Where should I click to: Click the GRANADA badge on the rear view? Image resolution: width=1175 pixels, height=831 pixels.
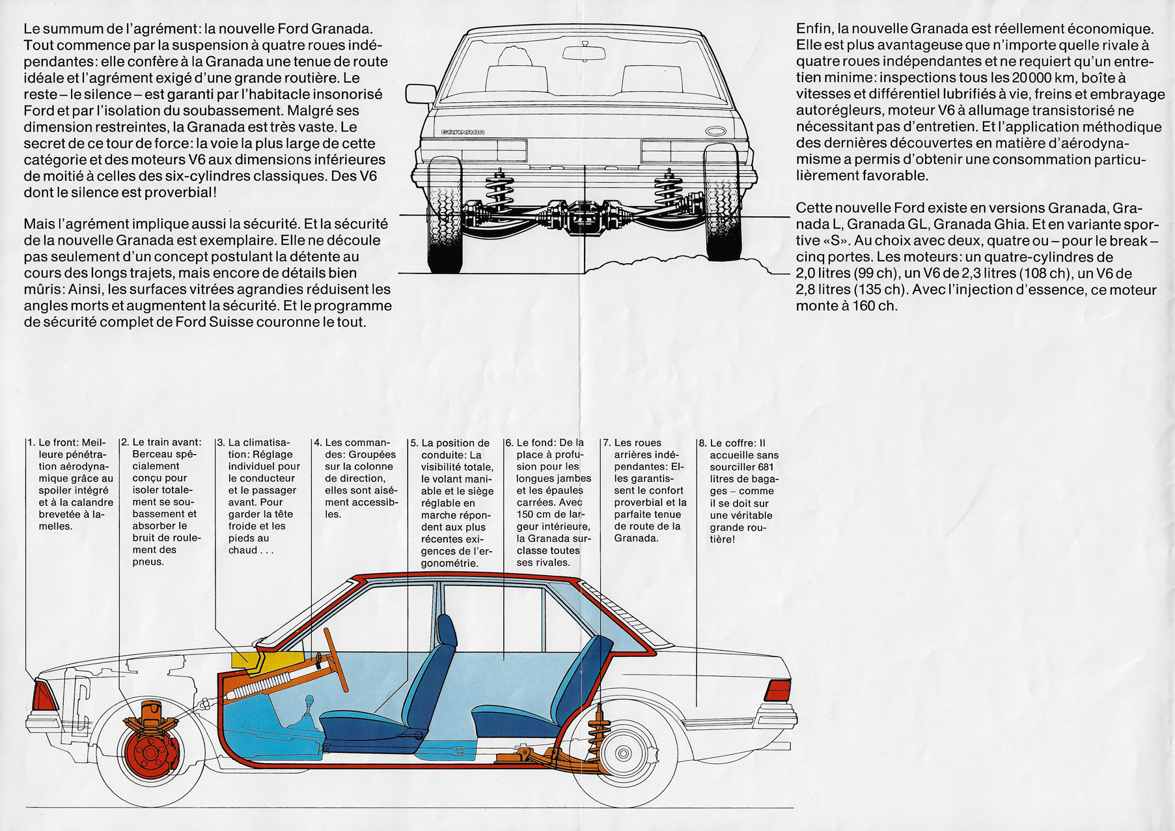(462, 132)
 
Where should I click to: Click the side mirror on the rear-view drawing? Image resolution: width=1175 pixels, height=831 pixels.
(421, 94)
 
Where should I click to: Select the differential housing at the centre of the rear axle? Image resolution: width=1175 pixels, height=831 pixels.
(585, 217)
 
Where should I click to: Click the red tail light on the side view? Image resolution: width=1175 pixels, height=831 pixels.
(777, 690)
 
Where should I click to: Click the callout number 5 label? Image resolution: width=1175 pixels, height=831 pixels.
(414, 444)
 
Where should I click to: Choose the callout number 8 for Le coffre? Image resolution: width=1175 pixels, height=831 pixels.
(702, 444)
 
